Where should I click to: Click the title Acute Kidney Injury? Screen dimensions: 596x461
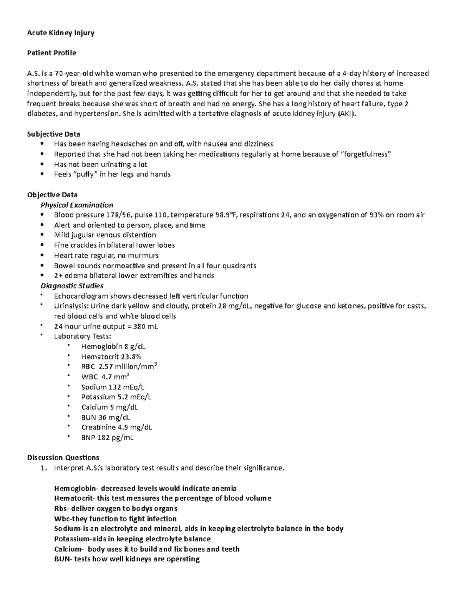pos(60,33)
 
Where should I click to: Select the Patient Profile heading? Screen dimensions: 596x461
pos(51,53)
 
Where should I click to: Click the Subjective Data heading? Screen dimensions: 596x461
pos(53,134)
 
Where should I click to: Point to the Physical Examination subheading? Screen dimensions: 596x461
pos(77,205)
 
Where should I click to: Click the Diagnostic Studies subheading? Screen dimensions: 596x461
pos(72,286)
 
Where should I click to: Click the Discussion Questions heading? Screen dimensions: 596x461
pos(63,457)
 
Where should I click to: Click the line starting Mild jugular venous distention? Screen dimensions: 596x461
pos(105,235)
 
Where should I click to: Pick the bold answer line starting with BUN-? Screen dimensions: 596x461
pos(127,559)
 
